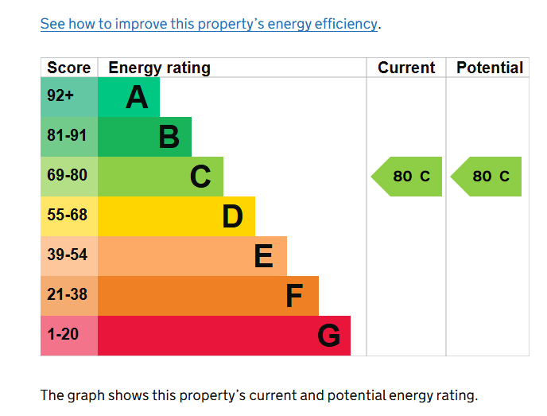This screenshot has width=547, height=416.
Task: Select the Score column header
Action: [69, 68]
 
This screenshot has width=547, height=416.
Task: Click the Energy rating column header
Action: [159, 68]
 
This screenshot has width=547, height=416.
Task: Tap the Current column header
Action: [406, 68]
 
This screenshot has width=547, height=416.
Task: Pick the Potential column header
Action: [490, 68]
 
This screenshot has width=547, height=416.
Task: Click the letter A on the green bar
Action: [137, 98]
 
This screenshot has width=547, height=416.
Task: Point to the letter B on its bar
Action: [169, 138]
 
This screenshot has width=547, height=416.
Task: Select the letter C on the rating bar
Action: [200, 177]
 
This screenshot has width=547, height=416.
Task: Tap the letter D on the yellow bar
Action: [232, 216]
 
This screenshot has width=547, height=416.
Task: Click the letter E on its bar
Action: [263, 256]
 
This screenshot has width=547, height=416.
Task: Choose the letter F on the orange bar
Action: [294, 296]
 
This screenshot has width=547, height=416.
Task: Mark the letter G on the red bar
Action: [328, 336]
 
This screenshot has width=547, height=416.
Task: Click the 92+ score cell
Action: [60, 96]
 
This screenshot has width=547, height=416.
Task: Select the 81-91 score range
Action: [67, 136]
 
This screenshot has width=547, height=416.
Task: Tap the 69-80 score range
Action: [67, 176]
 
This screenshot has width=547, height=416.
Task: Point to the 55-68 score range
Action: [67, 216]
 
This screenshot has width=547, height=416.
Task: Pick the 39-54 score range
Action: [67, 255]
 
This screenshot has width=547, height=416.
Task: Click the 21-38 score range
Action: [67, 295]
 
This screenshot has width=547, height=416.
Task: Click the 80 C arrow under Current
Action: [408, 177]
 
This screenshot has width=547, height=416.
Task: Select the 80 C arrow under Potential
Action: [487, 177]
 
